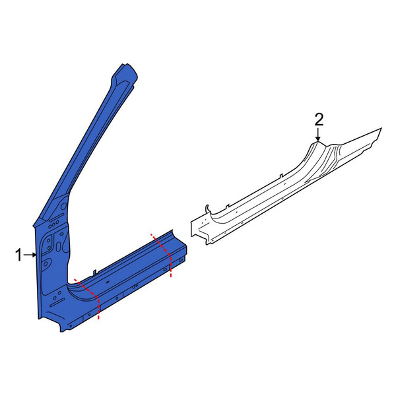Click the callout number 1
pos(18,255)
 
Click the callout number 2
pos(319,119)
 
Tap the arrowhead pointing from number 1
pos(34,255)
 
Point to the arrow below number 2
pos(318,134)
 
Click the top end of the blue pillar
pos(128,68)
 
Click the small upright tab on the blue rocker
pos(94,273)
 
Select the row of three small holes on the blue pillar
pos(54,224)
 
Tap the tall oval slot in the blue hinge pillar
pos(59,247)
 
